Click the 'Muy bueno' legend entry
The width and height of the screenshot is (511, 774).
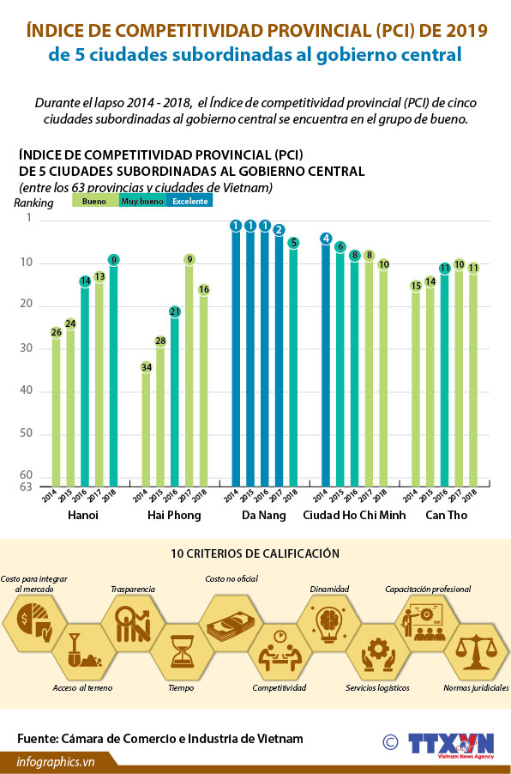pos(142,202)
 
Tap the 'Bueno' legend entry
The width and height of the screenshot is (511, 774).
pos(94,202)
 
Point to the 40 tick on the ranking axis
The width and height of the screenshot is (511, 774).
pos(26,391)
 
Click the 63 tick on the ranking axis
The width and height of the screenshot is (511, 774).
pos(26,487)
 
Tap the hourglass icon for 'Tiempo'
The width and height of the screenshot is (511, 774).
pos(182,650)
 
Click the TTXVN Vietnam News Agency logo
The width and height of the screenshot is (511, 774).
pos(451,744)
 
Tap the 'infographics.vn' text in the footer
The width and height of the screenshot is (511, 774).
pos(56,761)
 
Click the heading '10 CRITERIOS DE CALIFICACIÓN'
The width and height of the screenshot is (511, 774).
pos(255,554)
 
